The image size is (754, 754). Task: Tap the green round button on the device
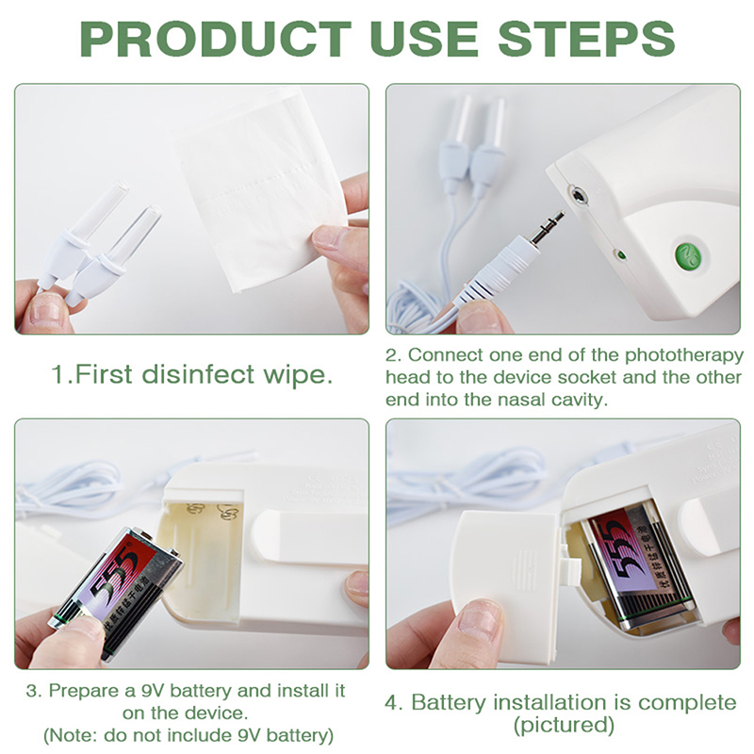688,256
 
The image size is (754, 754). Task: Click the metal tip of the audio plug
548,225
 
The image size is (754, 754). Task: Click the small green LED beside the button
620,254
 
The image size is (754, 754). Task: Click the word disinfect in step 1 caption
198,374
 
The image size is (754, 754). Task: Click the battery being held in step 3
116,593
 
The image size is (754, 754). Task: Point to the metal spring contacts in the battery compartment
210,512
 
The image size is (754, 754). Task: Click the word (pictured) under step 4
564,725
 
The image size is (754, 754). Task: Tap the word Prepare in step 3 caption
86,691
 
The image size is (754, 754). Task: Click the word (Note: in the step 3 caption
72,736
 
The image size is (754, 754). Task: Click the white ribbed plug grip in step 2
492,271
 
